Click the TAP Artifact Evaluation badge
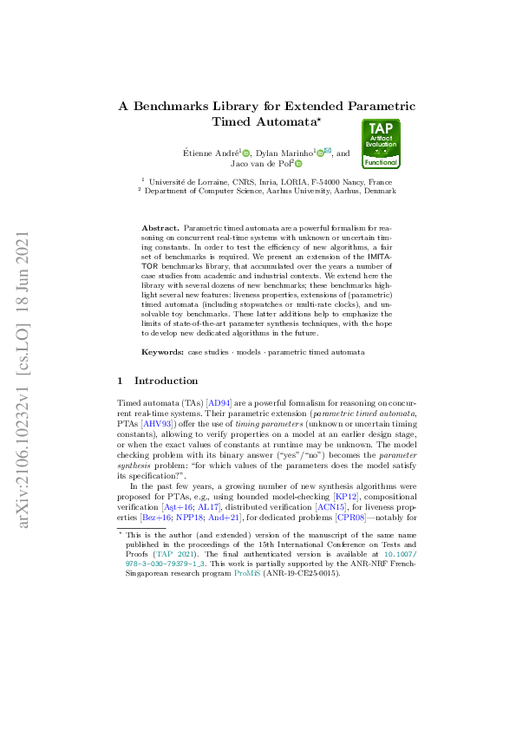pyautogui.click(x=381, y=144)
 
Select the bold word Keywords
pyautogui.click(x=162, y=353)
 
